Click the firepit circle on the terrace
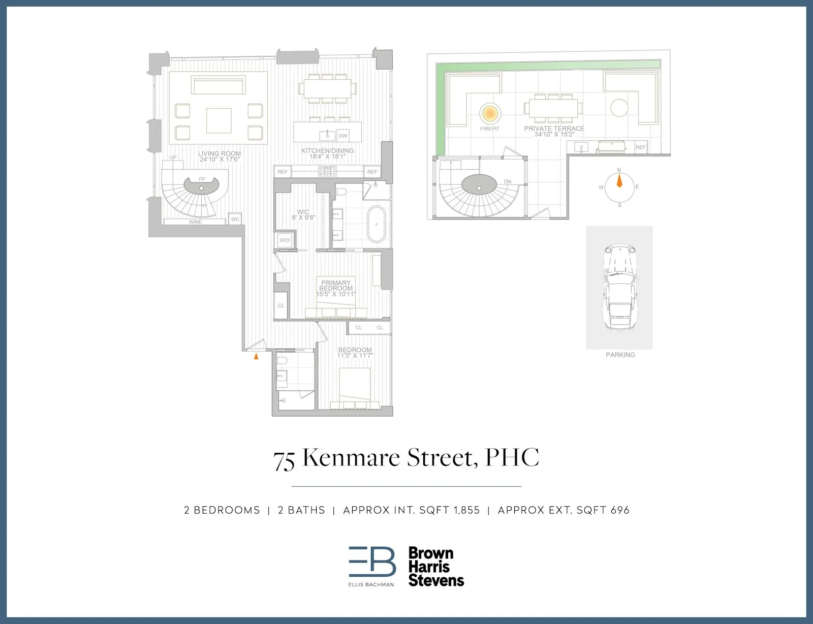tap(490, 113)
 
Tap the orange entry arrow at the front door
tap(256, 356)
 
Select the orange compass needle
tap(619, 180)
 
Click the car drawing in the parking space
tap(619, 287)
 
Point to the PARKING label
tap(620, 355)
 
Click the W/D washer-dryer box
tap(285, 240)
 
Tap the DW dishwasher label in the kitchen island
tap(343, 136)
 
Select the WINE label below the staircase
tap(195, 222)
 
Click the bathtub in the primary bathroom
tap(377, 224)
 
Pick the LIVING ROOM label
tap(220, 153)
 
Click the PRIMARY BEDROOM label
tap(336, 286)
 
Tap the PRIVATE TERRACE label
tap(554, 129)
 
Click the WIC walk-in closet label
tap(303, 212)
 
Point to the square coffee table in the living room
tap(219, 120)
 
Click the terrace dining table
tap(553, 108)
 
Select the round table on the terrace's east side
tap(619, 108)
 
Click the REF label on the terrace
tap(641, 147)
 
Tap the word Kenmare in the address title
tap(352, 457)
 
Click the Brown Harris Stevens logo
tap(435, 567)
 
